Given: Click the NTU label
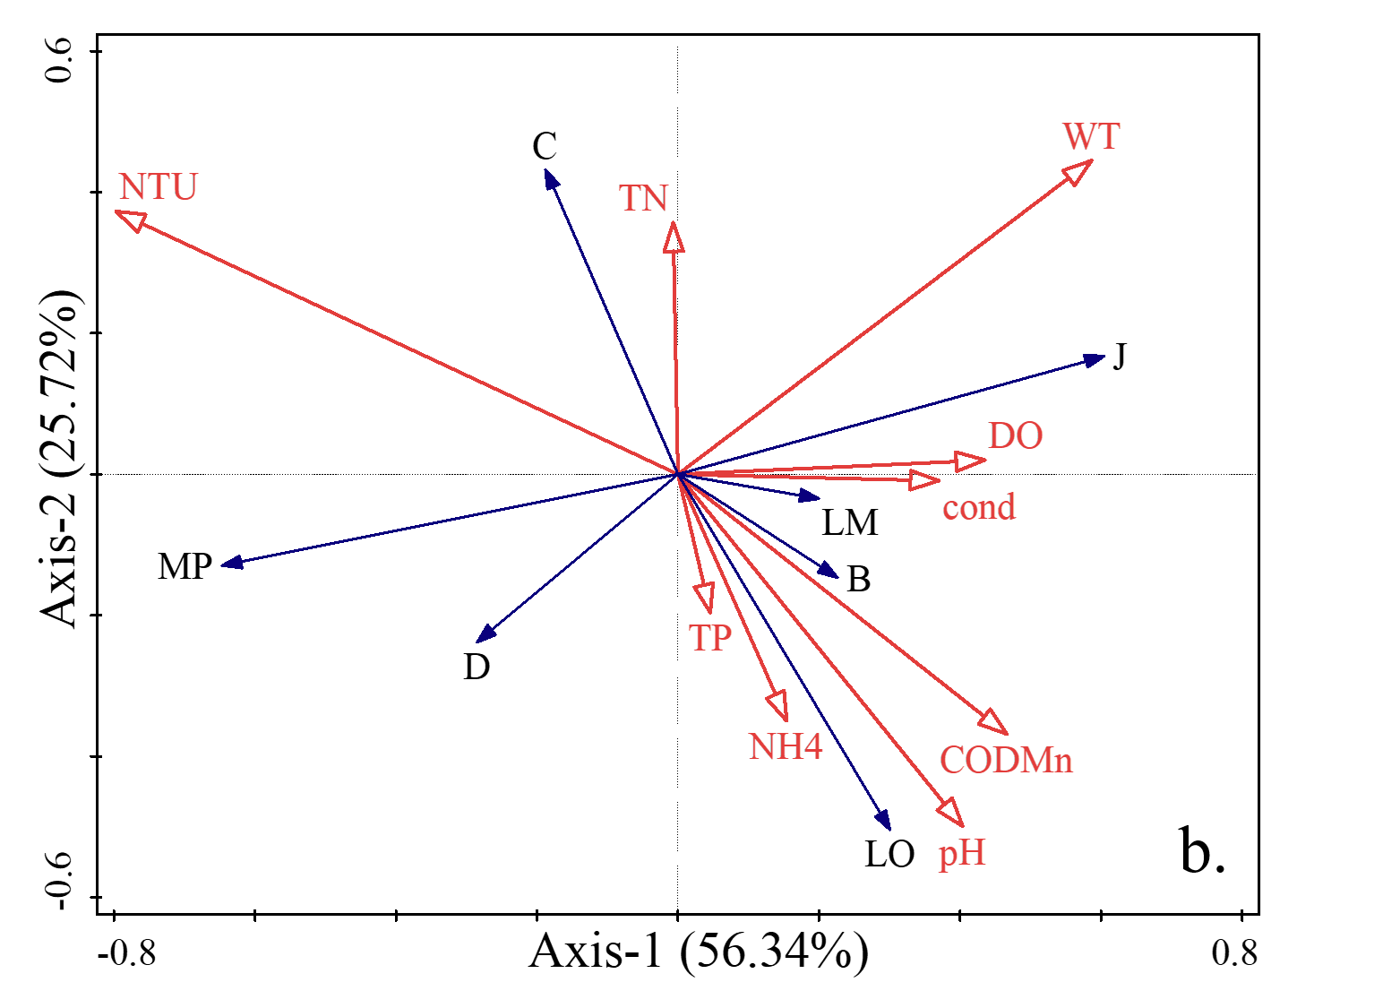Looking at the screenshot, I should coord(159,187).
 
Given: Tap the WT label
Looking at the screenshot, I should coord(1092,137).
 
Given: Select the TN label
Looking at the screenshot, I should coord(644,199).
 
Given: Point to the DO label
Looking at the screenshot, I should coord(1016,436).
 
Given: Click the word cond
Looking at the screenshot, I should coord(979,508).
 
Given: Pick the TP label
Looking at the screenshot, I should coord(710,638).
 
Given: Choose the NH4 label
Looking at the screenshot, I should coord(786,747).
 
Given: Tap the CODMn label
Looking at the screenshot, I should coord(1006,761).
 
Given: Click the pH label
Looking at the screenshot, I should coord(962,854).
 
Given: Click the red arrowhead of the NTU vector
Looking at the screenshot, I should coord(131,219).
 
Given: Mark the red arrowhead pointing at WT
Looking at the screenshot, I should coord(1078,170).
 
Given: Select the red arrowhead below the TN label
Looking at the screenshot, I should coord(674,237).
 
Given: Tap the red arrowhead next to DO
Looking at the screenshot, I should coord(970,461).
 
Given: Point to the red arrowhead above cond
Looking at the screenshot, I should coord(924,480).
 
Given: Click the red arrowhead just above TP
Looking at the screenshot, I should coord(706,598).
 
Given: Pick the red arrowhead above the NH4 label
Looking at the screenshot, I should coord(778,705).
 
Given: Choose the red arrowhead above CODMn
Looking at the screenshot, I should coord(993,721).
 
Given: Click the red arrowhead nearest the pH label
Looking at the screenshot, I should coord(952,813).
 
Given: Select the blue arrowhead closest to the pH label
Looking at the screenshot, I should coord(883,819).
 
